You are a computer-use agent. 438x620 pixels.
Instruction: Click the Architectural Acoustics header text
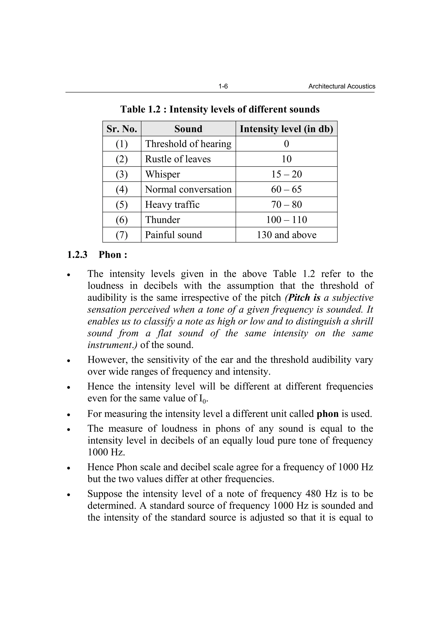click(x=342, y=86)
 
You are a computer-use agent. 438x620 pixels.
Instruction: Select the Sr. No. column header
click(x=122, y=129)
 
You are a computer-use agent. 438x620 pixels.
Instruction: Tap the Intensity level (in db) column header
click(x=286, y=129)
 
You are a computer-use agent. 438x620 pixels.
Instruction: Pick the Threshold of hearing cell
click(x=188, y=144)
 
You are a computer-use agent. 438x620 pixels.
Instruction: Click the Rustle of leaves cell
click(x=178, y=159)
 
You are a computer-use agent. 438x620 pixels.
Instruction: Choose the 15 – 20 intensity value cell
click(x=286, y=174)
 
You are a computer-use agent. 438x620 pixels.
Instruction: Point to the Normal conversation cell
click(x=188, y=189)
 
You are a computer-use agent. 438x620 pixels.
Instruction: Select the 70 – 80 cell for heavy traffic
click(x=286, y=204)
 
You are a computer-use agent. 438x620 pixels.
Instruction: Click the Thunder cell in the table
click(x=163, y=220)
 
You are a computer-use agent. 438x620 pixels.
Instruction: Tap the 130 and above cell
click(x=286, y=235)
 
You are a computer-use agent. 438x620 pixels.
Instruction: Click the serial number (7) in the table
click(x=122, y=235)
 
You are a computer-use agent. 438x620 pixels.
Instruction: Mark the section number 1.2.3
click(x=77, y=255)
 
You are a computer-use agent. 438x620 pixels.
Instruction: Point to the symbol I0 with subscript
click(x=202, y=399)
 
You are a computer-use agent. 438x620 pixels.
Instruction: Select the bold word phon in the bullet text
click(x=327, y=414)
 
